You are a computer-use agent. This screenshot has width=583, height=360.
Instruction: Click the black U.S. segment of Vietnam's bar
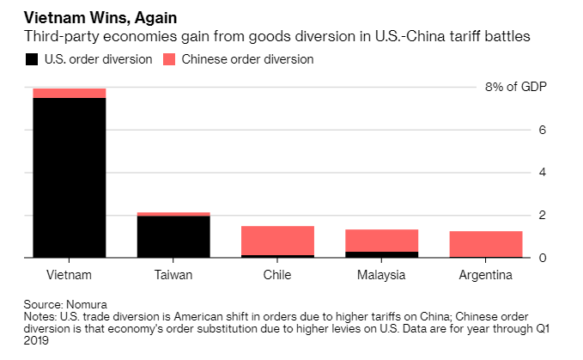coord(69,177)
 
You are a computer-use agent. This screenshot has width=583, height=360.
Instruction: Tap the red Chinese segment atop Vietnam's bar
coord(69,93)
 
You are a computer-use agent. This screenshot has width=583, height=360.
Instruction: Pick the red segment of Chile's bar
coord(277,240)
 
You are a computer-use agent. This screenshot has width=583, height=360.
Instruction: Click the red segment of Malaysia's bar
coord(381,240)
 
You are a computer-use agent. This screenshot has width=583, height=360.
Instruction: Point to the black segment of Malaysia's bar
coord(381,254)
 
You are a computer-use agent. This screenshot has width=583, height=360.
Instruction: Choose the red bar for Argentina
coord(486,244)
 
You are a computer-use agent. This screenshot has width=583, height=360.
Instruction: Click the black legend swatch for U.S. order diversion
coord(32,59)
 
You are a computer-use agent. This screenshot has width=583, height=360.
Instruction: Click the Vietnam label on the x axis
coord(69,275)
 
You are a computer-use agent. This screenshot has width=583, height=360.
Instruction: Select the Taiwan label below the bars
coord(173,275)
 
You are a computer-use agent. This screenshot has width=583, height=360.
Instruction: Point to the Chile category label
coord(277,275)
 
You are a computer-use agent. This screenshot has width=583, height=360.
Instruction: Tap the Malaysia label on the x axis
coord(381,275)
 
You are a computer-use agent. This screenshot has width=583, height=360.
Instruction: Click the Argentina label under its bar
coord(486,275)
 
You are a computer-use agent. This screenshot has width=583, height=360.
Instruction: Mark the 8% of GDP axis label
coord(515,87)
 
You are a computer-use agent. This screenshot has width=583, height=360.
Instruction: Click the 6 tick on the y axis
coord(543,130)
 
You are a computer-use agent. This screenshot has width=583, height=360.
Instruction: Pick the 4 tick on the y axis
coord(543,172)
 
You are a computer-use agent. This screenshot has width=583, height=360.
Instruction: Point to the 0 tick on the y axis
coord(543,257)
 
